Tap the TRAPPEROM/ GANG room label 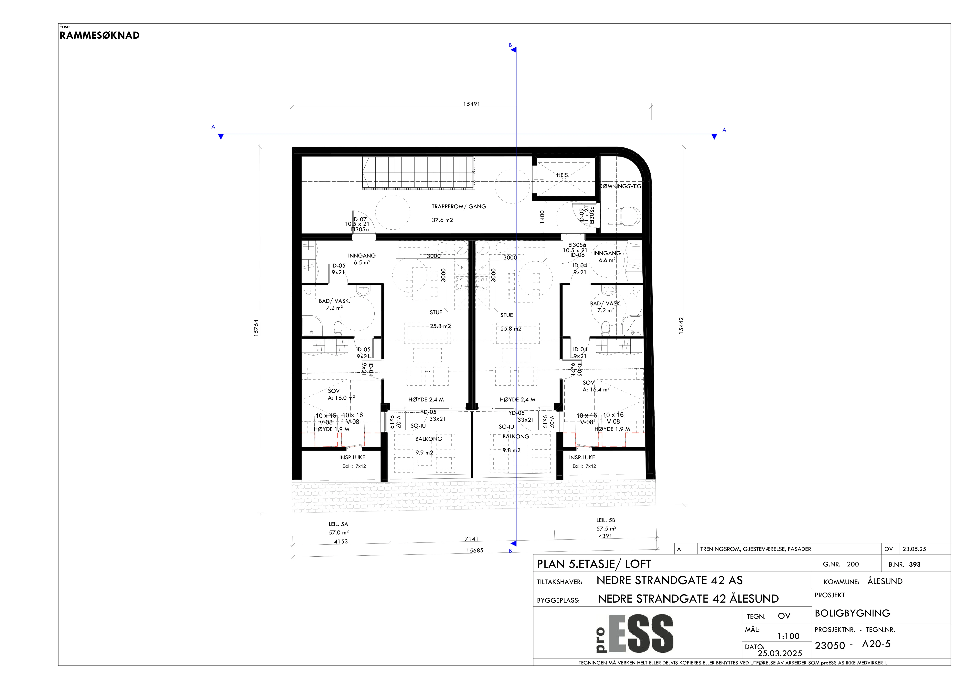click(x=459, y=207)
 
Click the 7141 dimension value click(x=471, y=539)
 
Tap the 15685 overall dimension click(x=475, y=551)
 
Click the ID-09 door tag click(x=582, y=215)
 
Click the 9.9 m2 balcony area click(x=424, y=453)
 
